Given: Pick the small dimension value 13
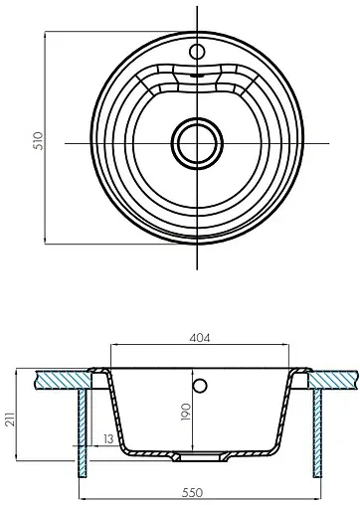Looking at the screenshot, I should (106, 439).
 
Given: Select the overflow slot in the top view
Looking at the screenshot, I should (196, 72).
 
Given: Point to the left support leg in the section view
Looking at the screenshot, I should (81, 427).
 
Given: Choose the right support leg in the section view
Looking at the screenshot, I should (317, 427).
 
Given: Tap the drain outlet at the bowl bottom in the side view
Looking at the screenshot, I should (196, 456).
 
